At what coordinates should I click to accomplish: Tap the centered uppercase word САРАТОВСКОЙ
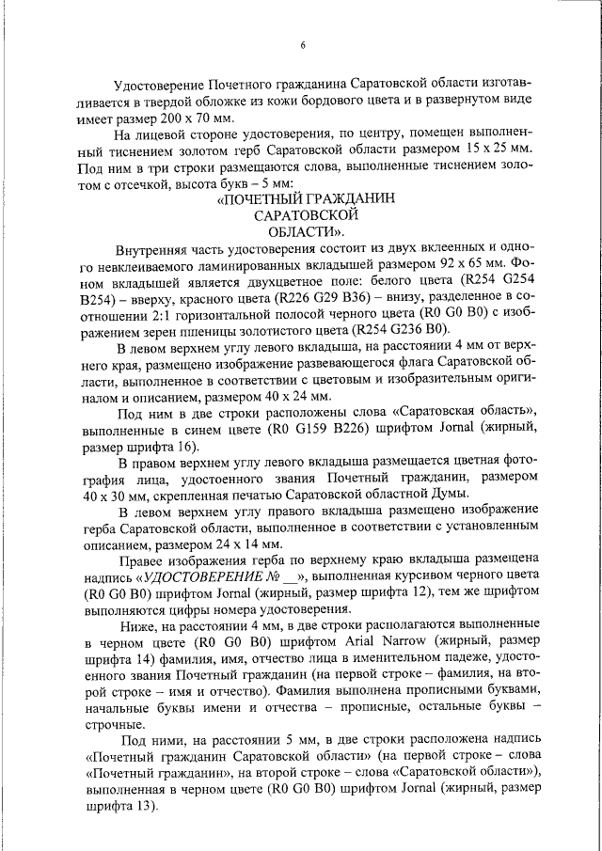pyautogui.click(x=302, y=215)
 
